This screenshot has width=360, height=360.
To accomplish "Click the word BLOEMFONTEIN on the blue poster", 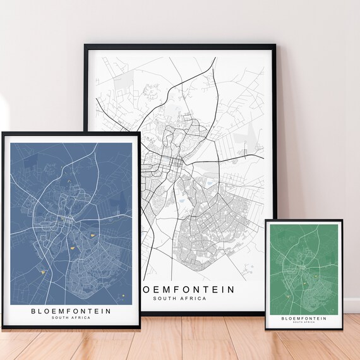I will click(71, 311).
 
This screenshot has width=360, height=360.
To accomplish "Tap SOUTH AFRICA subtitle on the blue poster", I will click(71, 318).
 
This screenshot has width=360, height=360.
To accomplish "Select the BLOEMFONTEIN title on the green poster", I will click(304, 318).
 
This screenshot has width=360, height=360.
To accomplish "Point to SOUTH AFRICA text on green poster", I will click(304, 323).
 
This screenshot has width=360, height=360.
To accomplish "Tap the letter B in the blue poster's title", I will click(33, 311).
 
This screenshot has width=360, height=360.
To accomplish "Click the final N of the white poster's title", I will click(231, 289).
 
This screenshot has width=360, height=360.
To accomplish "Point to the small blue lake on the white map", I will click(209, 184).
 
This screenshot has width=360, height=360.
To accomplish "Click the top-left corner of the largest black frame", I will click(85, 45).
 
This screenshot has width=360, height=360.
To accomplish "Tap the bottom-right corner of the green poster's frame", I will click(342, 330).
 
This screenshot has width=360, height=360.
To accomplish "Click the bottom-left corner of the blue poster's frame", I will click(1, 330).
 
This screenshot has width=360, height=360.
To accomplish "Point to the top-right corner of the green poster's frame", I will click(342, 220).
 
